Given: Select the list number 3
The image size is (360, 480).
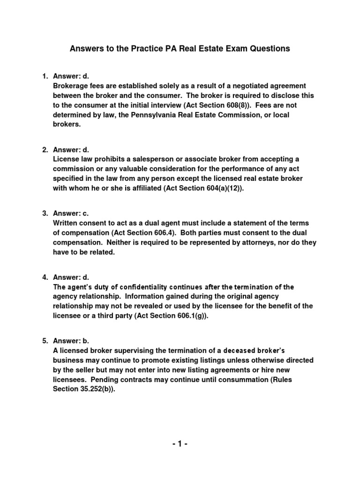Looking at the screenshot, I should coord(45,213).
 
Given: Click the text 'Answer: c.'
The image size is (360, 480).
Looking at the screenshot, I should coord(71,213).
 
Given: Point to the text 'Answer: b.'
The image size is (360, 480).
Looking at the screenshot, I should coord(71,341).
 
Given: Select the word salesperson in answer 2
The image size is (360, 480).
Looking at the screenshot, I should coord(141,159).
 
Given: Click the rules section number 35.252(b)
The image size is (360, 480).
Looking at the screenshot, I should coord(96,389).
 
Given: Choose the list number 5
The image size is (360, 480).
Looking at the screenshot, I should coord(45,341).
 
